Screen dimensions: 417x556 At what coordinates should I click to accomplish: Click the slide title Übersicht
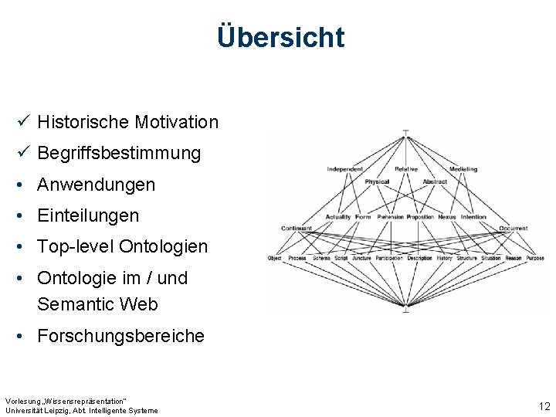point(280,36)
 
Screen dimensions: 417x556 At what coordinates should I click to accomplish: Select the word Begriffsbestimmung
point(119,153)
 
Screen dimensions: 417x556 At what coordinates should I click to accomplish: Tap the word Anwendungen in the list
point(96,185)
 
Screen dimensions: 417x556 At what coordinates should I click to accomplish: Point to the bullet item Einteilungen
point(88,215)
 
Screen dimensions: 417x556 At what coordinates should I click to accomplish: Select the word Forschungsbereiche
point(120,336)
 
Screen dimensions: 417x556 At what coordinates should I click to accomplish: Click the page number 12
point(544,406)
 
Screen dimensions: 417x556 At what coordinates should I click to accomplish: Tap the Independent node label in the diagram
point(344,169)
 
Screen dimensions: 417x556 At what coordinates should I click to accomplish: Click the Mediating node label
point(463,169)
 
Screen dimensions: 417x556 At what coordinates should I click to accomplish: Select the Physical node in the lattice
point(377,182)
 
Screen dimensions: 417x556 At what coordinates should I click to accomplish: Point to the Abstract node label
point(435,182)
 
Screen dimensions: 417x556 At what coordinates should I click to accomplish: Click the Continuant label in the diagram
point(297,229)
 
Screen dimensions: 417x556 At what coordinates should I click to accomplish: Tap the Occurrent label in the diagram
point(514,229)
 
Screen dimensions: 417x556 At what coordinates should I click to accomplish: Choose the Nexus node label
point(447,217)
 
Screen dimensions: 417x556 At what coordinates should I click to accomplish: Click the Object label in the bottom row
point(274,258)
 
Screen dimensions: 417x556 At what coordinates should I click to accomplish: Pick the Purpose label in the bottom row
point(536,258)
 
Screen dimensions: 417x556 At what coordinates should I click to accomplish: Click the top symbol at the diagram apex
point(405,133)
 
